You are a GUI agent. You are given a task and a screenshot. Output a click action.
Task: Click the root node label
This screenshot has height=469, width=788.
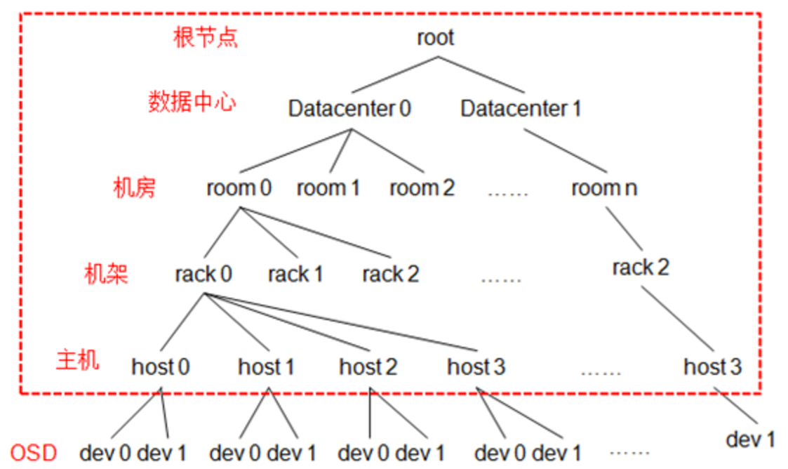(436, 37)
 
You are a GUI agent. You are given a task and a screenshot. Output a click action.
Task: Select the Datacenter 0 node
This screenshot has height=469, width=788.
(349, 108)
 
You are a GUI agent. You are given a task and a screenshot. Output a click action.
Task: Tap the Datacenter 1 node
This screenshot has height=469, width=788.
(521, 108)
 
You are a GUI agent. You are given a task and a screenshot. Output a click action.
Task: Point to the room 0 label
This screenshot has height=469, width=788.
(239, 188)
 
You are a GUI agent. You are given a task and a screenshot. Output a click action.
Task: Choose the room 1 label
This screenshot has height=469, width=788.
(328, 188)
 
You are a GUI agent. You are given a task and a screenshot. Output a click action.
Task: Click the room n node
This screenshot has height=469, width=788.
(604, 188)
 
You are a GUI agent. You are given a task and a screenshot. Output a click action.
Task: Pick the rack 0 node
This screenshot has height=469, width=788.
(203, 274)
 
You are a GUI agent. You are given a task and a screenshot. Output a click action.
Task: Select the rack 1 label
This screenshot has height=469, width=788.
(295, 274)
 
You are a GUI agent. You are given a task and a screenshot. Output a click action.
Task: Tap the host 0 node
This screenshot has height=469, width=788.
(160, 366)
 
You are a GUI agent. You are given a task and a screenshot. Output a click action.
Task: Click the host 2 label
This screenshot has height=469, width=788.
(368, 366)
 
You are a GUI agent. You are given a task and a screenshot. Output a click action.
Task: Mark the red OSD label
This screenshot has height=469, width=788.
(34, 453)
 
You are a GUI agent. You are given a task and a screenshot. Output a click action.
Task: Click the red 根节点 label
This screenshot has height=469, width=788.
(205, 38)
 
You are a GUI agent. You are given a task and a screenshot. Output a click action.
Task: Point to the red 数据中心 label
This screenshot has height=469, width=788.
(192, 102)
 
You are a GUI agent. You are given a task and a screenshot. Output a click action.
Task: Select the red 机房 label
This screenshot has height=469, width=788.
(134, 188)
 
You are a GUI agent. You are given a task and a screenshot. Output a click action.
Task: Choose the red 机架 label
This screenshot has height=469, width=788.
(106, 274)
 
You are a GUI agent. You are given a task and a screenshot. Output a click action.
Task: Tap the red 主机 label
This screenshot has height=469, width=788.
(77, 360)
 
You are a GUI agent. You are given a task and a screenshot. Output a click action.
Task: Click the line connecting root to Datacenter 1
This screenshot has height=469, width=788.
(481, 75)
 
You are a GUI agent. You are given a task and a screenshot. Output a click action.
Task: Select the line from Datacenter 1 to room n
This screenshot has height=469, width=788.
(566, 151)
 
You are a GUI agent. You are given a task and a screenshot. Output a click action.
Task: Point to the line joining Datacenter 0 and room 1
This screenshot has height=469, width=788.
(340, 151)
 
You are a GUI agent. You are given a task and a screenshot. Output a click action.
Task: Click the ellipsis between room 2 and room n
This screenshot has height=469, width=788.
(507, 193)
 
